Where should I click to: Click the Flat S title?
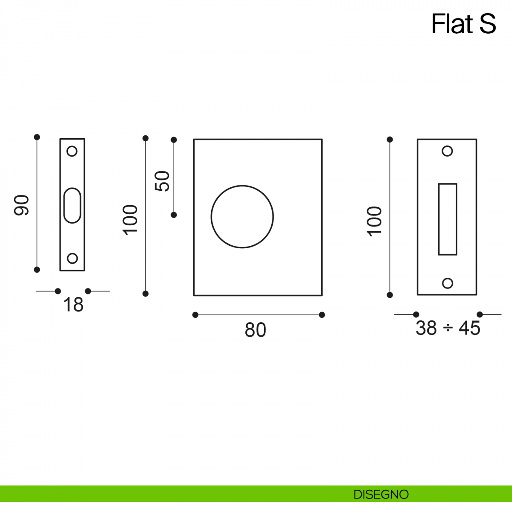click(463, 24)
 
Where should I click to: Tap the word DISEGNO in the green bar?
click(381, 495)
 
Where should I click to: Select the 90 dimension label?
click(21, 205)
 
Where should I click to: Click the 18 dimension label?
click(73, 305)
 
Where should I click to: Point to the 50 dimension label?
click(162, 181)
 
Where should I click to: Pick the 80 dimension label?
click(255, 330)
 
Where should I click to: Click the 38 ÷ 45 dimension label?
click(448, 328)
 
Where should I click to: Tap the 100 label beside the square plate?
click(130, 220)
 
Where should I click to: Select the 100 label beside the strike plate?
click(374, 221)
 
